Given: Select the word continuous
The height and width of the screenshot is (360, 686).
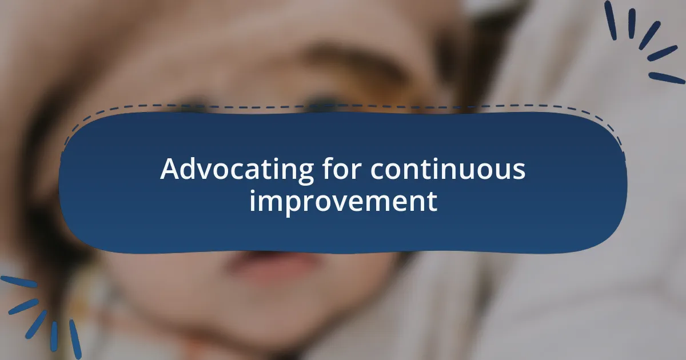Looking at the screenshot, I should [x=448, y=170].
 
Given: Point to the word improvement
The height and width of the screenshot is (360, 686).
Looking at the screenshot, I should [x=343, y=202].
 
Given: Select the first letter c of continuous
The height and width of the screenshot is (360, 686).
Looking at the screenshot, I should [x=377, y=171].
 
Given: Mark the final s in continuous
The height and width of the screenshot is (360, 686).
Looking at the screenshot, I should [x=519, y=171].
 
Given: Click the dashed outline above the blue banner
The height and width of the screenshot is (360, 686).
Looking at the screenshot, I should [x=343, y=106].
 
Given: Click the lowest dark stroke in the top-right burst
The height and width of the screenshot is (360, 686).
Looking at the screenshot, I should [x=666, y=78].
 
